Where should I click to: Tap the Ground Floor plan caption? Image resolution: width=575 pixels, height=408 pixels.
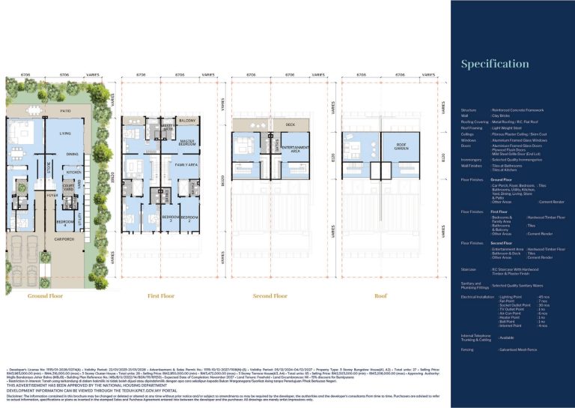[47, 295]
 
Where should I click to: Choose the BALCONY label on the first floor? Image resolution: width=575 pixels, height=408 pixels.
[187, 120]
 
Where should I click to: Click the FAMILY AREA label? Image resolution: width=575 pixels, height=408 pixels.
[186, 163]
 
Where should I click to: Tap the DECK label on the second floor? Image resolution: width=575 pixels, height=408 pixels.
[290, 124]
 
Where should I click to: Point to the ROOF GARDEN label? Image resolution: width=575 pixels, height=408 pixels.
[401, 146]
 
